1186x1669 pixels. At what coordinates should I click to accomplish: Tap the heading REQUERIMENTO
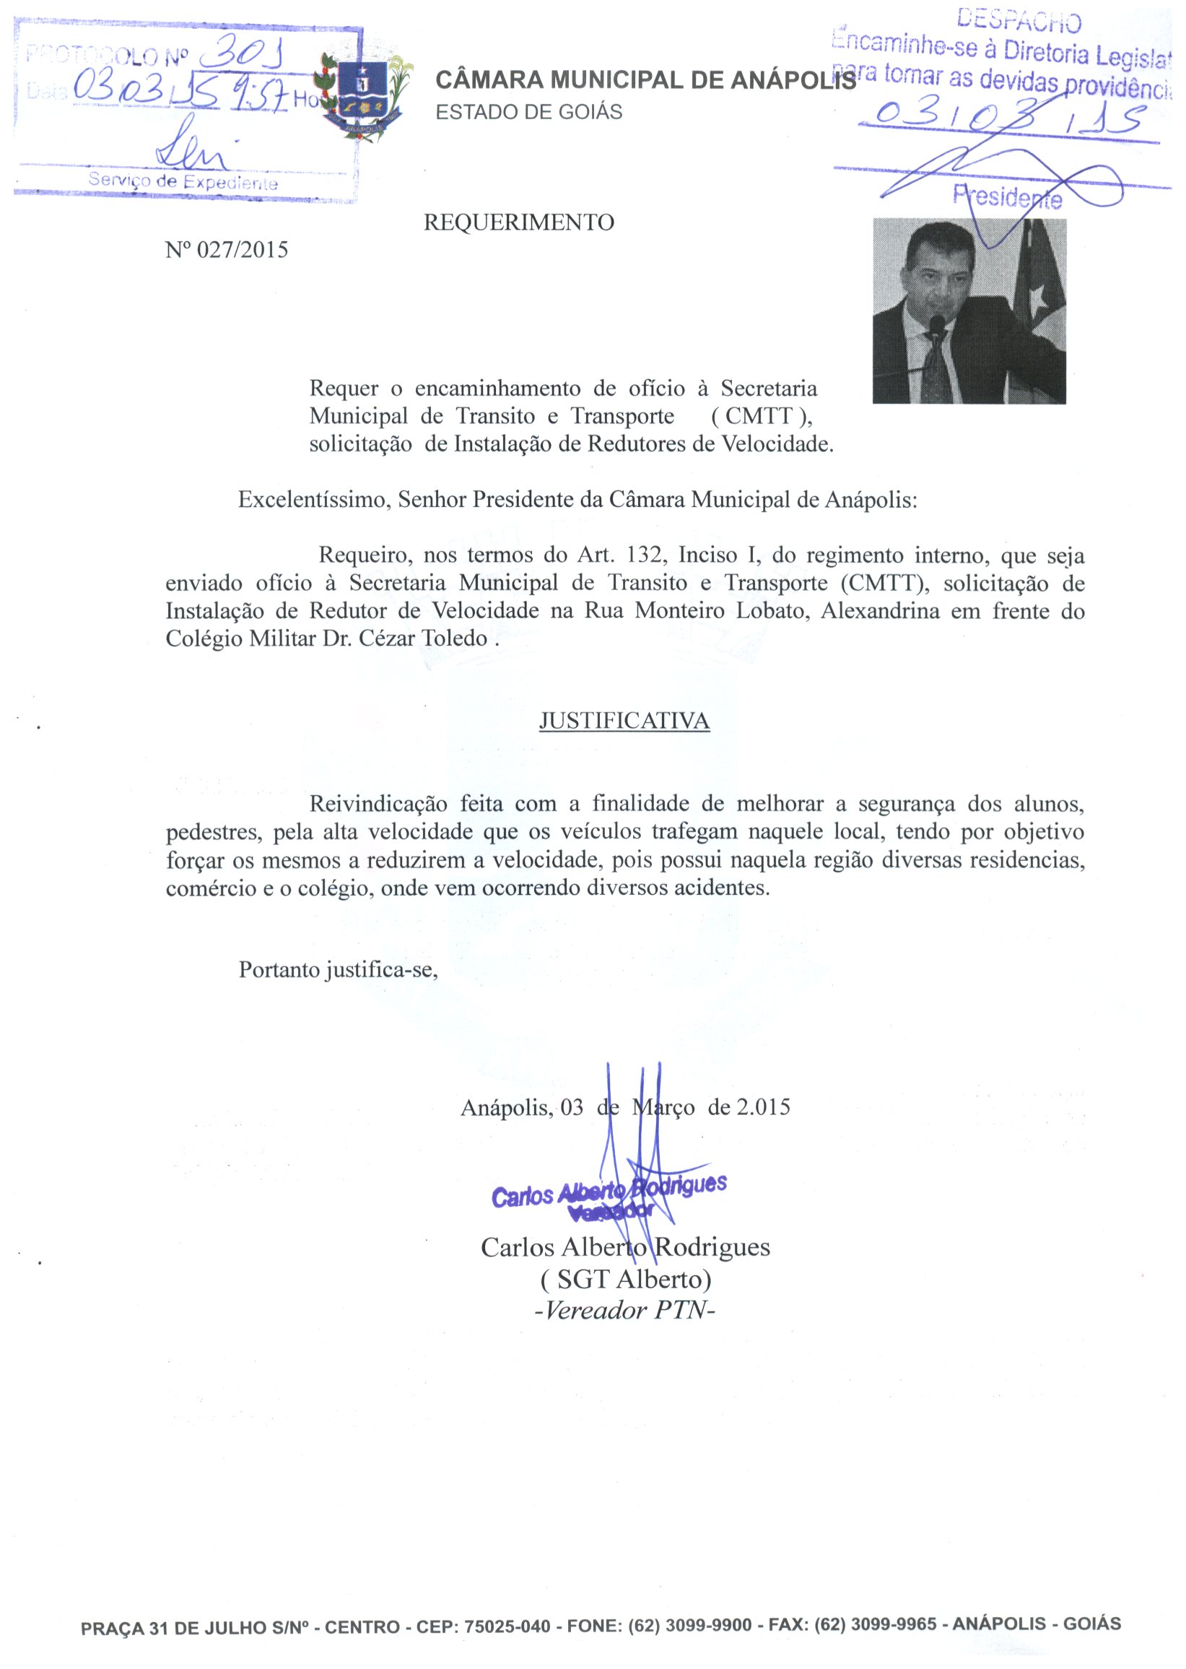(518, 222)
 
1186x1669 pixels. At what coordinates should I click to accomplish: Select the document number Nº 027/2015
(227, 250)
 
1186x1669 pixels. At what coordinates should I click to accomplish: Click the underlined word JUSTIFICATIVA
(624, 721)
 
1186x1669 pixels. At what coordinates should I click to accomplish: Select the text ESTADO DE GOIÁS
(528, 113)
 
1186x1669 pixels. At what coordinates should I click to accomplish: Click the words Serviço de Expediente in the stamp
(183, 181)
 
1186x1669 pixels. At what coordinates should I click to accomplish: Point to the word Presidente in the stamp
(1007, 196)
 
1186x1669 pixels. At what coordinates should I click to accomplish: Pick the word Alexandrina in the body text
(880, 611)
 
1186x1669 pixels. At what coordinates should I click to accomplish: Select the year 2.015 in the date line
(763, 1107)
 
